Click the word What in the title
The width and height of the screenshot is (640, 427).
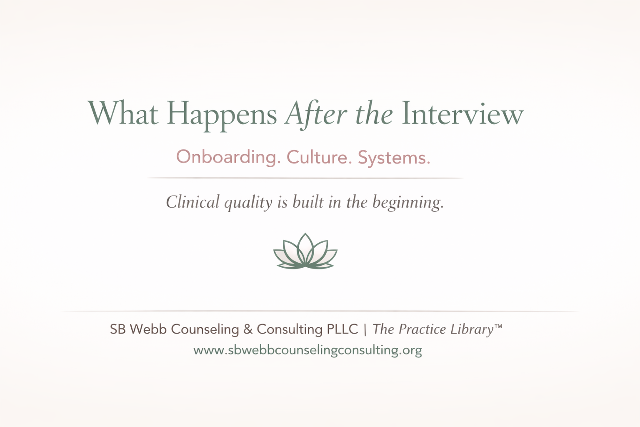click(123, 113)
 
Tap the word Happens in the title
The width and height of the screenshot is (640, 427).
click(222, 114)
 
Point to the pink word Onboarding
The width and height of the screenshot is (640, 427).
click(226, 157)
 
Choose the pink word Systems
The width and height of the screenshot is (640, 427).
click(394, 158)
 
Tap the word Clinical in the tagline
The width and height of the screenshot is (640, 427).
click(192, 202)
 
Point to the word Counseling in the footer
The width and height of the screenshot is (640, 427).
click(205, 329)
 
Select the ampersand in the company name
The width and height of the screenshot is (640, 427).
click(248, 329)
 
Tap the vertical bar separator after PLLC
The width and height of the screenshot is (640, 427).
click(365, 329)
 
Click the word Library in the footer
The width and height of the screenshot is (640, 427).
click(472, 329)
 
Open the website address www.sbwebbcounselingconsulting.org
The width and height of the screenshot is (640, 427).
click(307, 350)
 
